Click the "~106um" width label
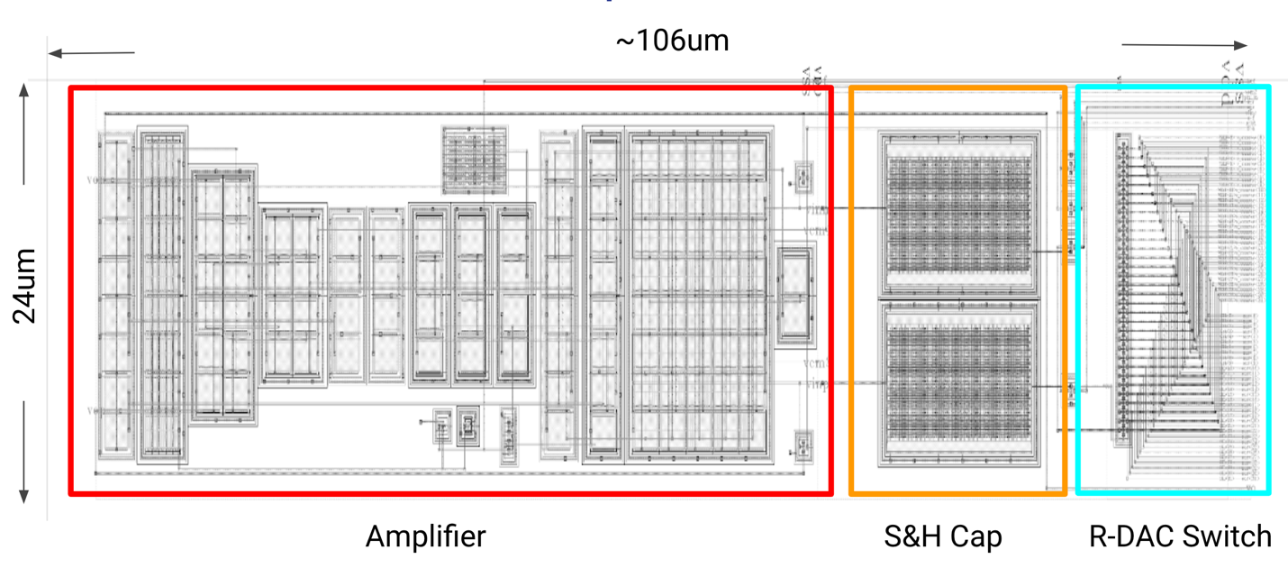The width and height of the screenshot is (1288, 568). point(672,41)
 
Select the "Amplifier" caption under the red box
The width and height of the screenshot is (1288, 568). point(425,537)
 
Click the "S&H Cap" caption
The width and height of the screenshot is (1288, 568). point(942,537)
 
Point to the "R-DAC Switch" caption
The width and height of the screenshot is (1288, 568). point(1180,537)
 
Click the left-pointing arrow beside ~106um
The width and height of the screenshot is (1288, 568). point(91,53)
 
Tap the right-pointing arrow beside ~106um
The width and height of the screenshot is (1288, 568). point(1184,45)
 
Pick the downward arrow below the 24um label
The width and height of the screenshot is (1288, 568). point(25,451)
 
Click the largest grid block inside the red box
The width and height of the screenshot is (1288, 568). point(699,294)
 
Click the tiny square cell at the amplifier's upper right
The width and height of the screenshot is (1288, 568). point(801,176)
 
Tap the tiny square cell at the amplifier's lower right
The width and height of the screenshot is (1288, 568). point(801,445)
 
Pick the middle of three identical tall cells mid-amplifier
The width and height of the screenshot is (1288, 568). point(473,292)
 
